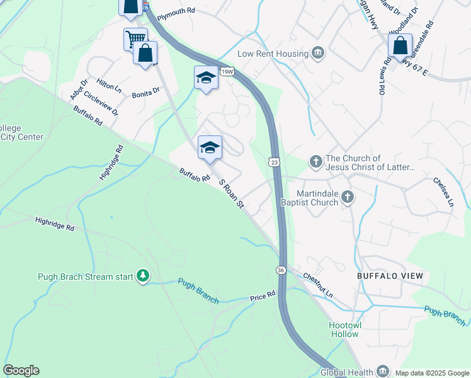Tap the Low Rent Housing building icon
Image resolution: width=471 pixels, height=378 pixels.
318,54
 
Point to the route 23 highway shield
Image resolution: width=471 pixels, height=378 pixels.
273,162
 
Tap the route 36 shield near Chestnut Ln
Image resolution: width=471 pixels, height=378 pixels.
280,270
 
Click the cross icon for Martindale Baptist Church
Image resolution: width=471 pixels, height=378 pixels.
346,198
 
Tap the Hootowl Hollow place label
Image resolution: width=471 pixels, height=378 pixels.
343,329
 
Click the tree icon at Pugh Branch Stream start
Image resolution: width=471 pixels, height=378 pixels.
144,277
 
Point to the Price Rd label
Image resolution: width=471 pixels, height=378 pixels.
263,295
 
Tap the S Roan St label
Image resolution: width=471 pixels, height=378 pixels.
231,195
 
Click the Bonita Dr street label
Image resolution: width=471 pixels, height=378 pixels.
146,93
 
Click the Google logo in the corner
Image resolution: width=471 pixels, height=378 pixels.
21,370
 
